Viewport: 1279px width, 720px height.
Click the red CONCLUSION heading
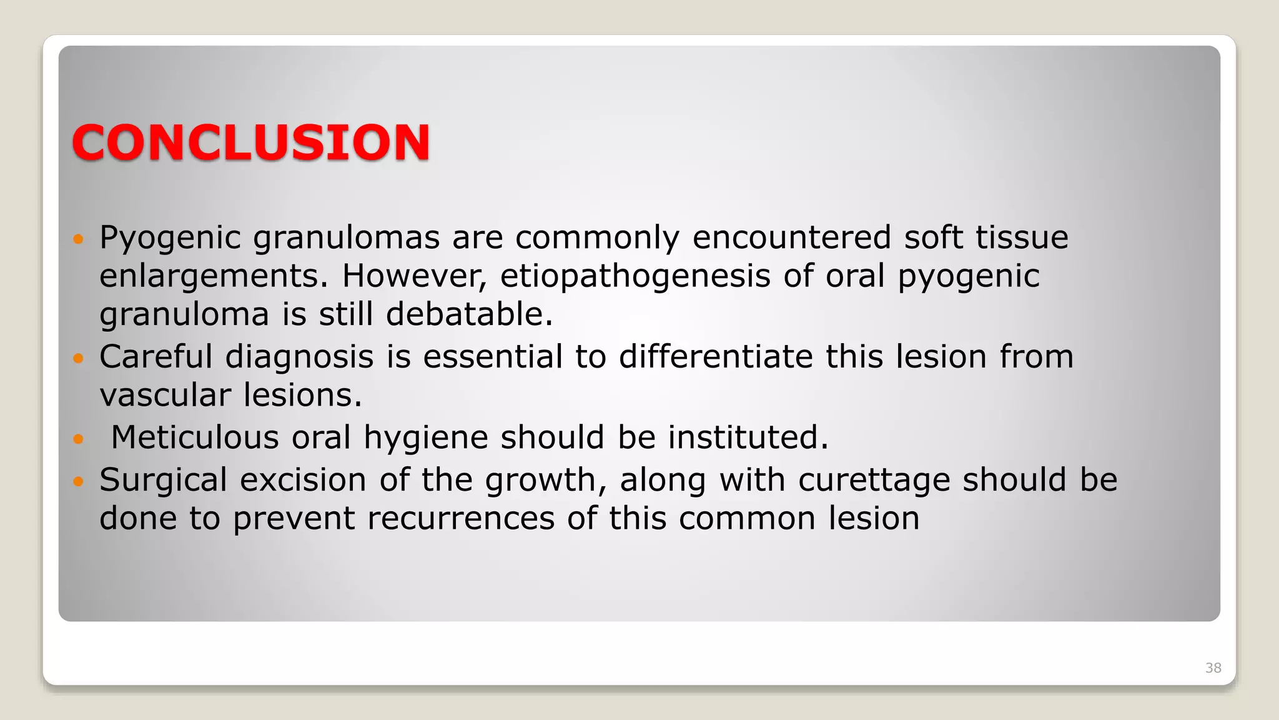click(251, 142)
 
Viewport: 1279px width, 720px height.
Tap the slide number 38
click(1213, 667)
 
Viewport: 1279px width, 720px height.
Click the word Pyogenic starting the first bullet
click(170, 239)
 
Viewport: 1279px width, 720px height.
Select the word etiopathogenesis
click(635, 277)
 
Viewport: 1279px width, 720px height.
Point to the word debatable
click(468, 314)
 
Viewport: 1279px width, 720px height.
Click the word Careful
click(156, 357)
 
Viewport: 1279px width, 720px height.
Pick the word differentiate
click(716, 357)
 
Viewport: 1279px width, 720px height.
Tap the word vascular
click(165, 395)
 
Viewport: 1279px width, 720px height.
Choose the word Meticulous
click(194, 437)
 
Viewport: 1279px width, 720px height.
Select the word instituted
click(748, 437)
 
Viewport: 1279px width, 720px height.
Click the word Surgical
click(163, 481)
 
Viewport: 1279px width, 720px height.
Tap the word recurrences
click(461, 519)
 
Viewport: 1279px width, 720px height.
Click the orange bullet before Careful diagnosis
click(78, 358)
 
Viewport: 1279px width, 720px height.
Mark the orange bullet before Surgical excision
click(78, 481)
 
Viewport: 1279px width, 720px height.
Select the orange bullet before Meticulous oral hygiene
click(78, 439)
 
